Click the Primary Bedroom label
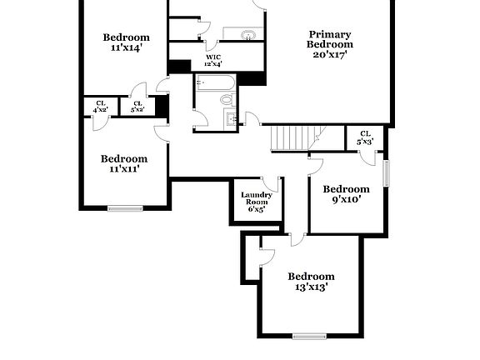(x=329, y=39)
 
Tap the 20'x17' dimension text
(x=329, y=54)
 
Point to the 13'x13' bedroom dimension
(x=311, y=287)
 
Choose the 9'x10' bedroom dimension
(x=346, y=200)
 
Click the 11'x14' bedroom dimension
(x=126, y=47)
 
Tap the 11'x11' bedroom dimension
(x=123, y=169)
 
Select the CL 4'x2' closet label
(x=100, y=107)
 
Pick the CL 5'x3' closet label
(x=365, y=137)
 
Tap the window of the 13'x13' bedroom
(x=309, y=336)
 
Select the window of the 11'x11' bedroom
(x=125, y=207)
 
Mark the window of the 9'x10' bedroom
(x=386, y=172)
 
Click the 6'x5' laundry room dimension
(x=256, y=209)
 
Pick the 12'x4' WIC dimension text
(x=212, y=64)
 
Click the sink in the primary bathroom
(x=248, y=35)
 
